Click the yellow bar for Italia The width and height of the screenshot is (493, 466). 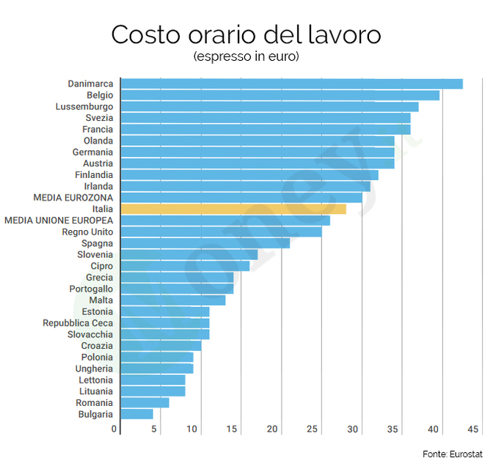[x=233, y=209]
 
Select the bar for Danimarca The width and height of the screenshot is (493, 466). [x=291, y=84]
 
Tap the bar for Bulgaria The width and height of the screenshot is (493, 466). [x=136, y=414]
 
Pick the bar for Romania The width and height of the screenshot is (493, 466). [x=145, y=402]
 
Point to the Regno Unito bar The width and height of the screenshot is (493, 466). [x=221, y=232]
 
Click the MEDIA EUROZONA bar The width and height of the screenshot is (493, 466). [x=241, y=197]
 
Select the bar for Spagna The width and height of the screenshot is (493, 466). [x=205, y=243]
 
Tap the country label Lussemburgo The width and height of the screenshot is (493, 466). [x=84, y=106]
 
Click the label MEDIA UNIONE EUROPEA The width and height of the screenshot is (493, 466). [x=59, y=220]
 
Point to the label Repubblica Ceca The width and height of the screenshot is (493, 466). [x=78, y=322]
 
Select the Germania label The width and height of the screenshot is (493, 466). [x=92, y=152]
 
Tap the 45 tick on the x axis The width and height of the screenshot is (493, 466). [x=473, y=429]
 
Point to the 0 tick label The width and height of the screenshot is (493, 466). [x=114, y=429]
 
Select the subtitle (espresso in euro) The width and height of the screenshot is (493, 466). [x=246, y=56]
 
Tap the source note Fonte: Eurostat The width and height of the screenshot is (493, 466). [x=448, y=454]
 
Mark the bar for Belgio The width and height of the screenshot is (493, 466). [x=280, y=95]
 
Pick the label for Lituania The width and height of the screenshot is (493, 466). [x=95, y=391]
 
